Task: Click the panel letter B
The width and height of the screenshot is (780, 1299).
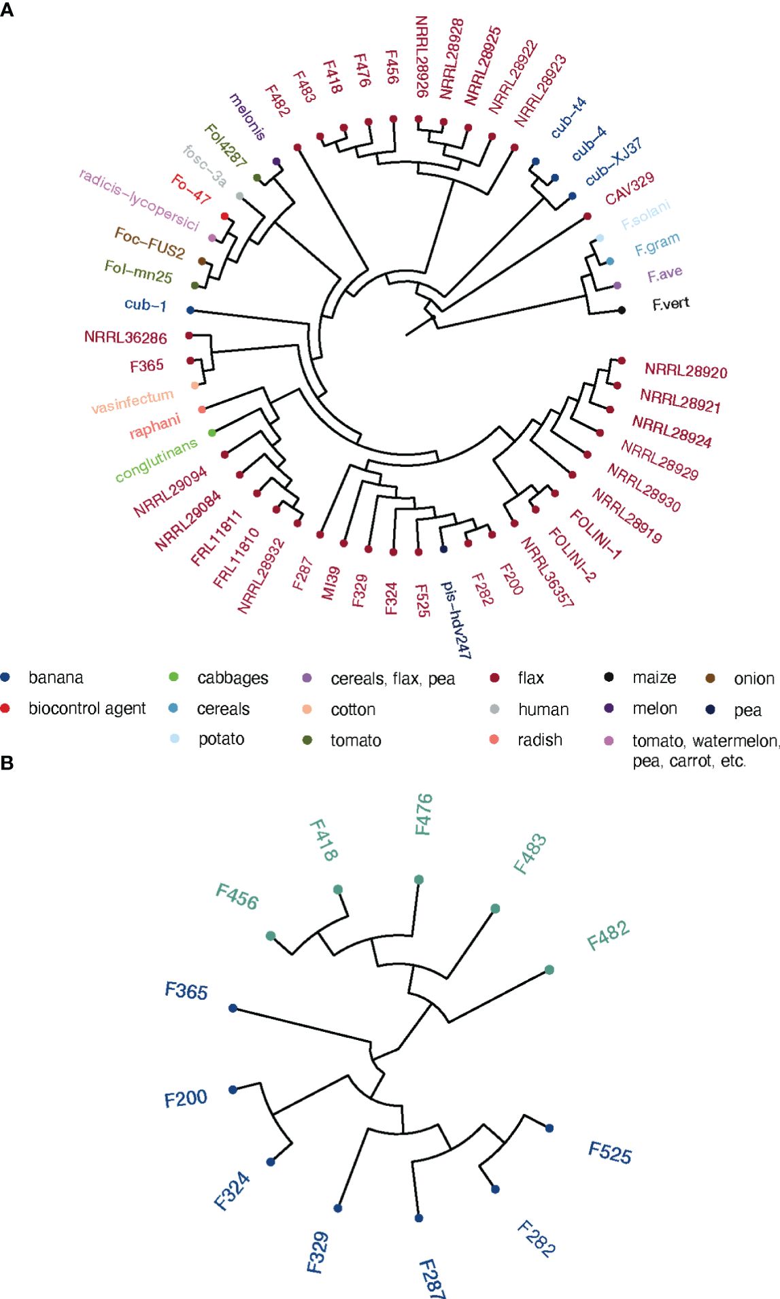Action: pos(7,763)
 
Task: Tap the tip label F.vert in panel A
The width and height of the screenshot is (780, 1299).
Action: pos(671,304)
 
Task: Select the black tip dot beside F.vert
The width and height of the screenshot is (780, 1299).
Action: pos(622,310)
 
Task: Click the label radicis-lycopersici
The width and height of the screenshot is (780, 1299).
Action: pos(139,200)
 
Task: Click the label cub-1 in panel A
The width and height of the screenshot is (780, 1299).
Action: pos(146,305)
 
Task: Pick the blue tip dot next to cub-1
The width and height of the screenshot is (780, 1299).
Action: pos(190,310)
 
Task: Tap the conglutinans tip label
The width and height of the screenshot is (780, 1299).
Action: pos(156,460)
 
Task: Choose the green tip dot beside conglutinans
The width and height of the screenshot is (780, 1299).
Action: pos(211,432)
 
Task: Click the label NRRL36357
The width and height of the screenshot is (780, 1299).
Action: pos(547,572)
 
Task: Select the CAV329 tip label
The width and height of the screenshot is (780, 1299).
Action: pos(630,188)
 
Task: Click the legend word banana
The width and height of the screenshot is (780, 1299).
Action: pos(56,678)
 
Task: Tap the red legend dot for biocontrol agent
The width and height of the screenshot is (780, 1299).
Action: pos(5,708)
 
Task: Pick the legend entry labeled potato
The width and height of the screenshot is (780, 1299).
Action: pos(221,739)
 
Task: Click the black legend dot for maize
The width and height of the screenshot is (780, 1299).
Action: pos(609,677)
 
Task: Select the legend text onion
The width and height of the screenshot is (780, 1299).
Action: pos(753,678)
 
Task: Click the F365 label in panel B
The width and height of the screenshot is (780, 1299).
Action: pos(186,991)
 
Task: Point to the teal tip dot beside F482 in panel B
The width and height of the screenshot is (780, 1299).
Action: pos(549,969)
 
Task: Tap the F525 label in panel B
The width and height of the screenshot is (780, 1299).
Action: pos(610,1153)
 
